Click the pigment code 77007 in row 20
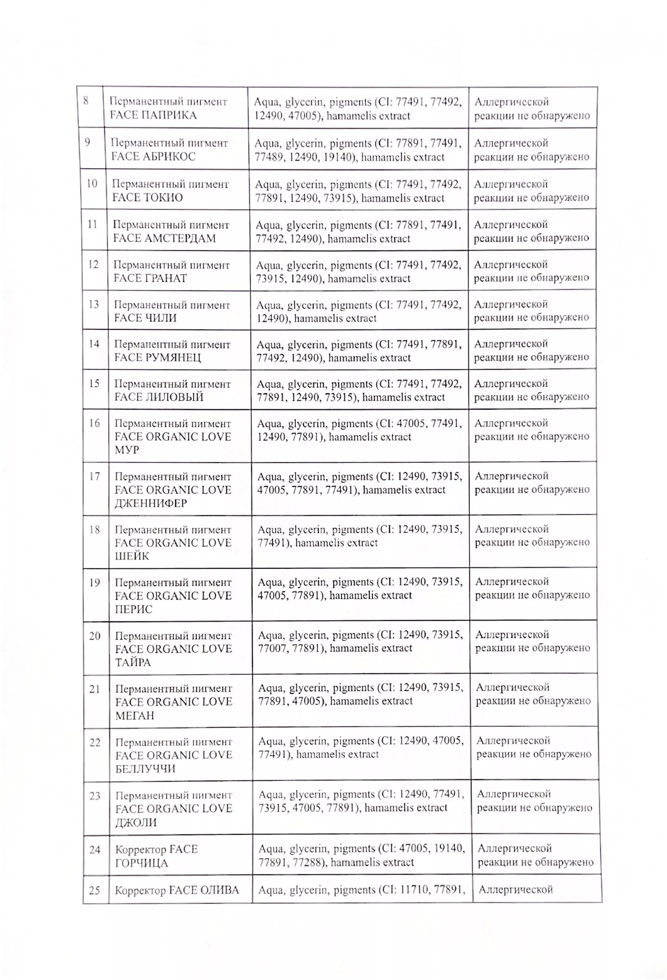[x=272, y=648]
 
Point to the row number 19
[x=95, y=583]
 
